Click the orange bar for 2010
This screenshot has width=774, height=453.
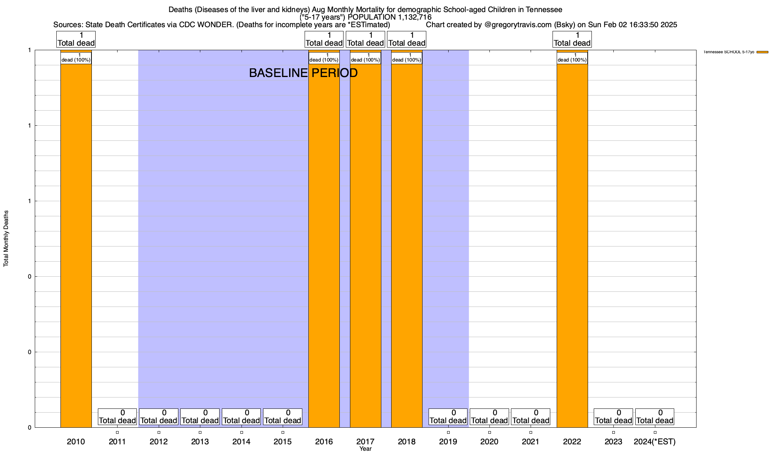pos(76,245)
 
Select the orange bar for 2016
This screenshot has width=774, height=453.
pos(324,245)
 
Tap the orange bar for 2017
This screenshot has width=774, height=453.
pos(365,245)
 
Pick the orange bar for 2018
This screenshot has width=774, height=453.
pos(407,245)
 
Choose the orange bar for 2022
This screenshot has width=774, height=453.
pos(572,245)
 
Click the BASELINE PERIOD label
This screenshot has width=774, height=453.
pos(303,73)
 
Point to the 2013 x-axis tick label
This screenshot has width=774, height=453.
pos(200,442)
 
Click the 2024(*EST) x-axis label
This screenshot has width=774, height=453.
pos(655,442)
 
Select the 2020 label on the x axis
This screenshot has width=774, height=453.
pos(489,442)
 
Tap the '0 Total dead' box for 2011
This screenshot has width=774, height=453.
pos(117,417)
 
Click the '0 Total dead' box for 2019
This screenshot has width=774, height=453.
pos(448,417)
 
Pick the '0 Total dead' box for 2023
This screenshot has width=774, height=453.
pos(613,417)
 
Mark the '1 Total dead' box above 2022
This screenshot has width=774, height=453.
pos(572,39)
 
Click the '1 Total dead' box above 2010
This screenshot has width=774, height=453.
pos(76,39)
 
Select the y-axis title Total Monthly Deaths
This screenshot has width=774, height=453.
pos(6,239)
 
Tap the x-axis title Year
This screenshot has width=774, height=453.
pos(365,449)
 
